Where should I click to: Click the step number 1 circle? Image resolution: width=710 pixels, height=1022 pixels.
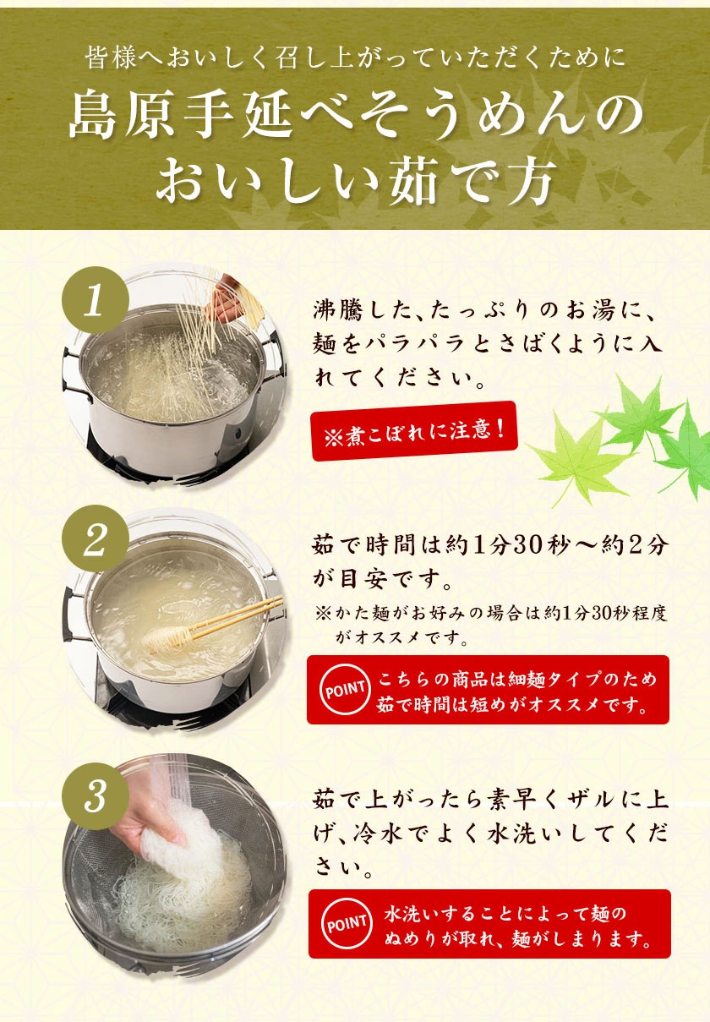96,300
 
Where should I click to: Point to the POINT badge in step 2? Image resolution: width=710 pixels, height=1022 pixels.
345,688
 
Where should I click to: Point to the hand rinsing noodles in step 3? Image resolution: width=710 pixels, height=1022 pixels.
146,817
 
